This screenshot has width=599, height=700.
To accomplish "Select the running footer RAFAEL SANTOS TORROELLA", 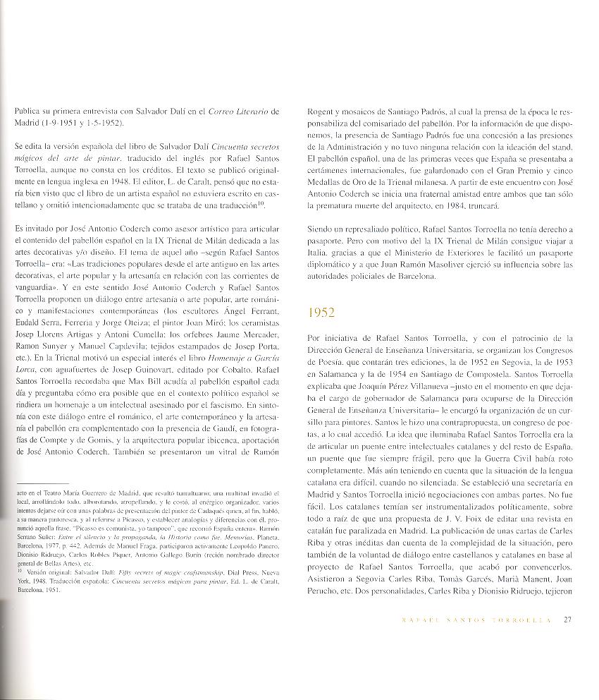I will (x=465, y=621).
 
